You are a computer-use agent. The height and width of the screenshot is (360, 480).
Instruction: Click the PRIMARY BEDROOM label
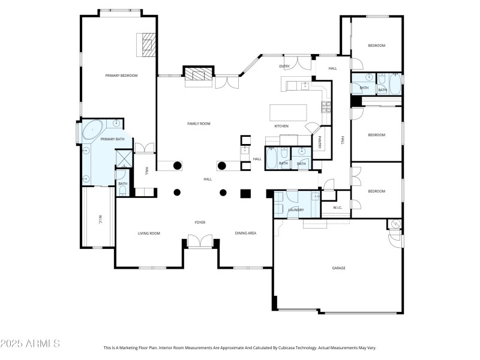point(122,76)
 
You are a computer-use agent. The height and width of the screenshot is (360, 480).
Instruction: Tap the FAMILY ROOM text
point(199,124)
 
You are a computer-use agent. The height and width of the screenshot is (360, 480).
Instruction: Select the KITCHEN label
point(281,126)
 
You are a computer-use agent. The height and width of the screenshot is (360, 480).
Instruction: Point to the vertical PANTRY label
point(320,142)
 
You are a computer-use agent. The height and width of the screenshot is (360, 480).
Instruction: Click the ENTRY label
point(284,66)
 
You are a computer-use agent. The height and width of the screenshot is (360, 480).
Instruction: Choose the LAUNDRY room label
point(296,210)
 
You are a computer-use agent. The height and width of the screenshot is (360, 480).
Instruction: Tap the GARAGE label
point(339,268)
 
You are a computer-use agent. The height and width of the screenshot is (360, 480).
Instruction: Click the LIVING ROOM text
point(149,233)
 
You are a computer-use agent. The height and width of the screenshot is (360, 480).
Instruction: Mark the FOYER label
point(200,223)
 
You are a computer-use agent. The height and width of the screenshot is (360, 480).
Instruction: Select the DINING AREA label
point(245,233)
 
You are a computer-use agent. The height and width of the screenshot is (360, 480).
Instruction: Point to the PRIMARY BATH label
point(112,139)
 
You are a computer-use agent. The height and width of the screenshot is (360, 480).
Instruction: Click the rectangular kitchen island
point(288,112)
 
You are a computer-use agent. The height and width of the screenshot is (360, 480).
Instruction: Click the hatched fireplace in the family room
point(198,74)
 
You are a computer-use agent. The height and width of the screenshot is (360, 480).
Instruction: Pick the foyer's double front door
point(200,241)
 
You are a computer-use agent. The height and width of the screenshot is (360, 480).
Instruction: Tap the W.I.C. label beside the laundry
point(337,208)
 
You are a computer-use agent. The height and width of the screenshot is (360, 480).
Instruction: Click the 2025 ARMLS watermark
point(30,344)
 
